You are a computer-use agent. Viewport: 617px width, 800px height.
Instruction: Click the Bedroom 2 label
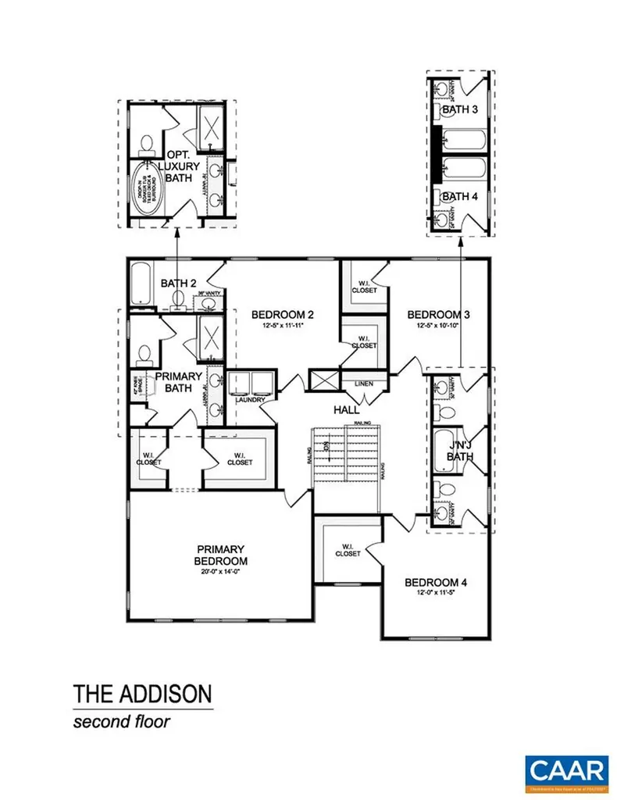[x=282, y=316]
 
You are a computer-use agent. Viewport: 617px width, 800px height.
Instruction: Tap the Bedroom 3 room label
[x=438, y=316]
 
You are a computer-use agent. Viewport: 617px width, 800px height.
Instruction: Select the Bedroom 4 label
[x=435, y=583]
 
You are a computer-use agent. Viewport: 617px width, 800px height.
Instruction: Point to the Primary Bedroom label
[x=222, y=555]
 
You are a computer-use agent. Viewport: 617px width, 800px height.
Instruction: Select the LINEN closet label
[x=363, y=384]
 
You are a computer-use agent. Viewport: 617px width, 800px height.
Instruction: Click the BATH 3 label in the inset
[x=460, y=110]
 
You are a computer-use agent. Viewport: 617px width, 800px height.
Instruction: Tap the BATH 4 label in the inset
[x=460, y=196]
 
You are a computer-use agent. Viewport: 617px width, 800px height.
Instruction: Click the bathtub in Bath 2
[x=141, y=283]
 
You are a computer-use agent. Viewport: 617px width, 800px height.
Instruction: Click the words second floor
[x=121, y=720]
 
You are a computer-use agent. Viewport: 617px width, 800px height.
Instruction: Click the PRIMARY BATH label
[x=179, y=381]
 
